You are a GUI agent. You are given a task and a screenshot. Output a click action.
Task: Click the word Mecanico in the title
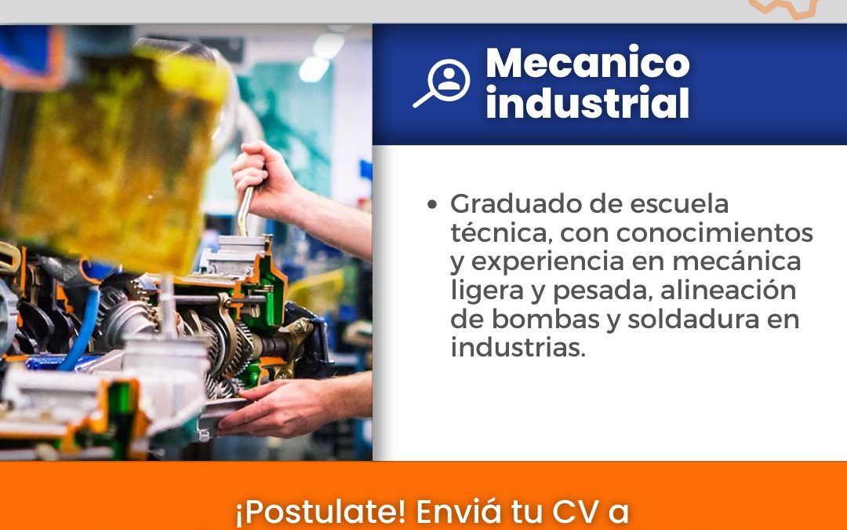pos(587,64)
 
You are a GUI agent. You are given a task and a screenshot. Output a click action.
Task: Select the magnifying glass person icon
pos(442,82)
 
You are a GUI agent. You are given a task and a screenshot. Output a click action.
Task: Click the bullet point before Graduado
pos(431,204)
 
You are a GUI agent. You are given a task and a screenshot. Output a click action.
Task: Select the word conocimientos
pos(714,233)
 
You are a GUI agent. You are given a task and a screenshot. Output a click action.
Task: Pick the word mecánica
pos(736,261)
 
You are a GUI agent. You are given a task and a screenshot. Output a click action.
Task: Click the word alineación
pos(728,291)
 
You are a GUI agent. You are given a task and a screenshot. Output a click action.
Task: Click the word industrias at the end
pos(518,348)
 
